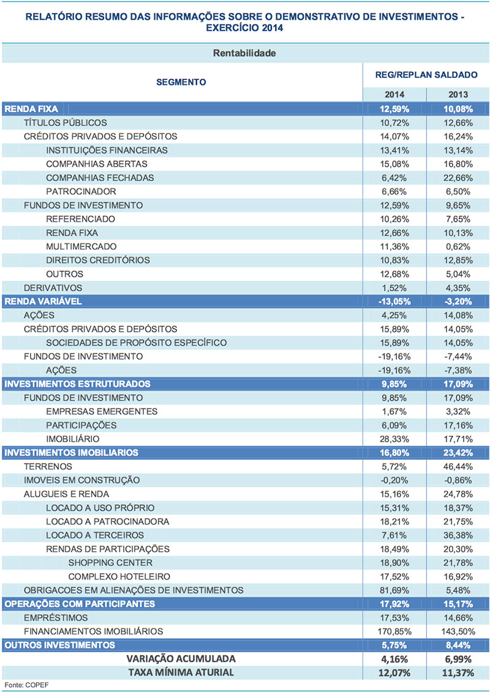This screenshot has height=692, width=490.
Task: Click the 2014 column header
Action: click(394, 95)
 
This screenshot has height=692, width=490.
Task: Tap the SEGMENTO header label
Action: click(181, 82)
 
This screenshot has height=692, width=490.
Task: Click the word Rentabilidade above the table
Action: click(244, 53)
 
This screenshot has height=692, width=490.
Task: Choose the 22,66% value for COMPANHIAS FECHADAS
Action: click(456, 178)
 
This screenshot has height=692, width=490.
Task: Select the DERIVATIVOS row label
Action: click(53, 288)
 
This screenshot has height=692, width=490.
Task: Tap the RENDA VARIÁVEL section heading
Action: click(43, 302)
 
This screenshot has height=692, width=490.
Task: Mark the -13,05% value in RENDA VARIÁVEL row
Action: click(394, 302)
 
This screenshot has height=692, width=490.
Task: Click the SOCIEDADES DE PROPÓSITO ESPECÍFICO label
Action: click(136, 343)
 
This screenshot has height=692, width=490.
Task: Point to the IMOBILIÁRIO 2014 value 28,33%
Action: click(394, 439)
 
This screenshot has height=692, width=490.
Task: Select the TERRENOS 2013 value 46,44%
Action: click(456, 466)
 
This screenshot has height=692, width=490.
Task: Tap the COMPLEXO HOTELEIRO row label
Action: click(119, 576)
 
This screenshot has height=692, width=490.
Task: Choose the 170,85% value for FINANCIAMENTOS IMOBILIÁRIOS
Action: click(392, 631)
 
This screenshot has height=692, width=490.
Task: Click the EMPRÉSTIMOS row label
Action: click(56, 617)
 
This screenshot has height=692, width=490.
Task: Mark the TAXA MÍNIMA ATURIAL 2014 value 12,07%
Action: click(393, 672)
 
